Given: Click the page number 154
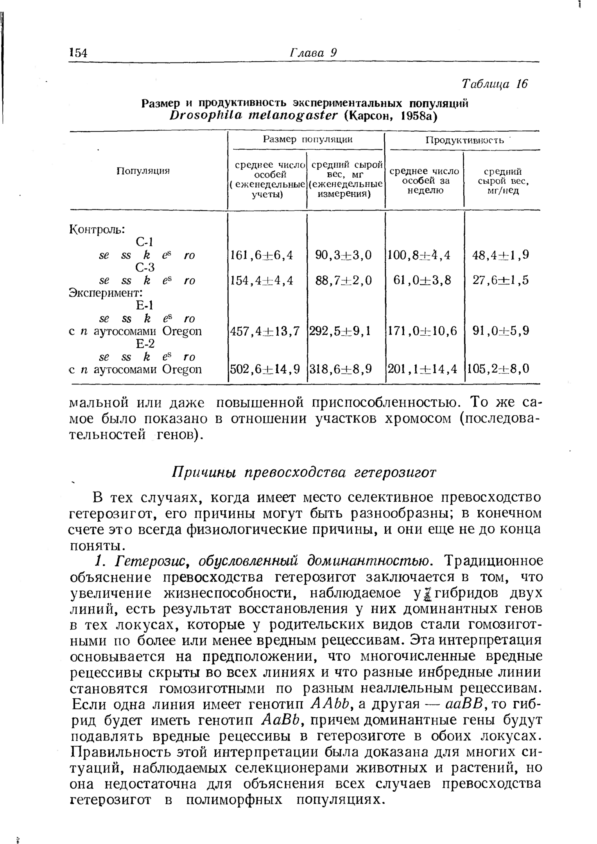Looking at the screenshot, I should coord(78,53).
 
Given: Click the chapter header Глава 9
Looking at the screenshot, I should coord(313,52).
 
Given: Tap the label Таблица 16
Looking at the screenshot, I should coord(495,84).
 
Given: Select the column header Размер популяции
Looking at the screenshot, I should coord(307,139).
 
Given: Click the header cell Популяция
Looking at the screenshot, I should coord(143,171).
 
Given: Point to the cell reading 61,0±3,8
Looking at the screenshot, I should coord(423,280).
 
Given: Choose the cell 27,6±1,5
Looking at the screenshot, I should coord(500,280).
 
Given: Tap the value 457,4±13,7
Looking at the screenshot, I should coord(265,331).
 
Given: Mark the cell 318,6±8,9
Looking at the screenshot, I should coord(341,368).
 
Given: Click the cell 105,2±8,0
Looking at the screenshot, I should coord(498,368).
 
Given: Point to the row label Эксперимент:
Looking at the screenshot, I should coord(106,293).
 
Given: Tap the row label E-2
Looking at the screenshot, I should coord(145,343).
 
